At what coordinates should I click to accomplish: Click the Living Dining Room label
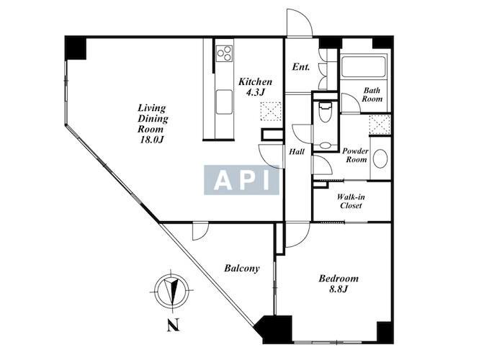point(153,123)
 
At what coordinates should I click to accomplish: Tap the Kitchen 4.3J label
point(256,86)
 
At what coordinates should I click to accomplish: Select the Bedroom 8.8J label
point(339,284)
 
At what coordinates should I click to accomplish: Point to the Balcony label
point(242,269)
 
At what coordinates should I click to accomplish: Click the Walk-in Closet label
point(351,201)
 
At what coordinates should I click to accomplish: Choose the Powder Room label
point(355,156)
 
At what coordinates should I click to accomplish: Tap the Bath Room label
point(372,95)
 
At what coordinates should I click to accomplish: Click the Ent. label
point(301,67)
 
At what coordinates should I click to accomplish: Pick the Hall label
point(297,152)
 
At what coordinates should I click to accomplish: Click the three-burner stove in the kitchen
point(225,53)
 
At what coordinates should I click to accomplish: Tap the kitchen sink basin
point(224,102)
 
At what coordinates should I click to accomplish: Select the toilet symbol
point(325,112)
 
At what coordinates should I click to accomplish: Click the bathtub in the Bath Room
point(363,67)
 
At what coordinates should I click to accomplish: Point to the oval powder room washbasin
point(380,158)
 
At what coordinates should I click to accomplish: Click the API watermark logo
point(241,180)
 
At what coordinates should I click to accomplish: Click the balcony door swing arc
point(200,231)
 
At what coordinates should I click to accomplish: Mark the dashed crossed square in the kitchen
point(271,111)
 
